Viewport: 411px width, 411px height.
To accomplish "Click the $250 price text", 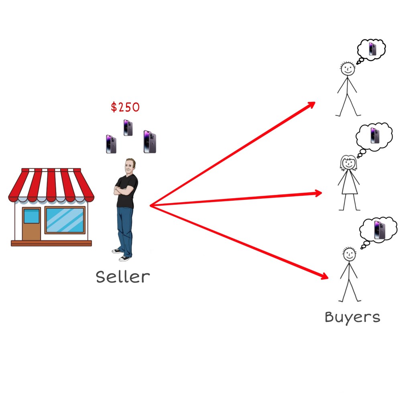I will pos(125,107).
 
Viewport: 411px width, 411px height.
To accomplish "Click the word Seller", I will pos(122,277).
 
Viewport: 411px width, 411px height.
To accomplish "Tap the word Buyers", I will pos(352,317).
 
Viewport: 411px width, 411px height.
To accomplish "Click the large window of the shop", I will pos(65,220).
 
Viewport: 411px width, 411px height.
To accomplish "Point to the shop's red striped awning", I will pos(51,185).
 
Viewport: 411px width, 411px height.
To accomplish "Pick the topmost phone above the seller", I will pos(128,128).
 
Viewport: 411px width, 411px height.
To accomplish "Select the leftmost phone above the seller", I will pos(111,144).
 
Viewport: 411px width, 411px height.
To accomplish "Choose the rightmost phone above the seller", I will pos(149,142).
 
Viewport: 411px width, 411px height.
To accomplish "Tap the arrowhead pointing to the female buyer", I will pos(317,193).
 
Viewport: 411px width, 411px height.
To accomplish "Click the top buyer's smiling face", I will pos(347,69).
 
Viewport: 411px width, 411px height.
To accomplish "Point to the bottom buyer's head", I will pos(349,254).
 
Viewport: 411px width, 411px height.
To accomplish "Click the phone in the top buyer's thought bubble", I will pos(372,49).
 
